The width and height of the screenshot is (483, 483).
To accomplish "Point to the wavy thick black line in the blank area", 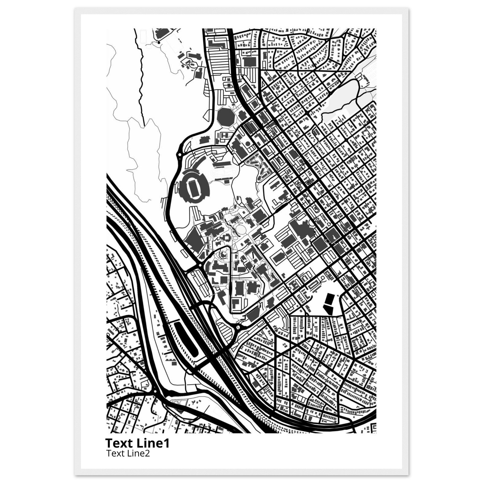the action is point(141,80).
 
